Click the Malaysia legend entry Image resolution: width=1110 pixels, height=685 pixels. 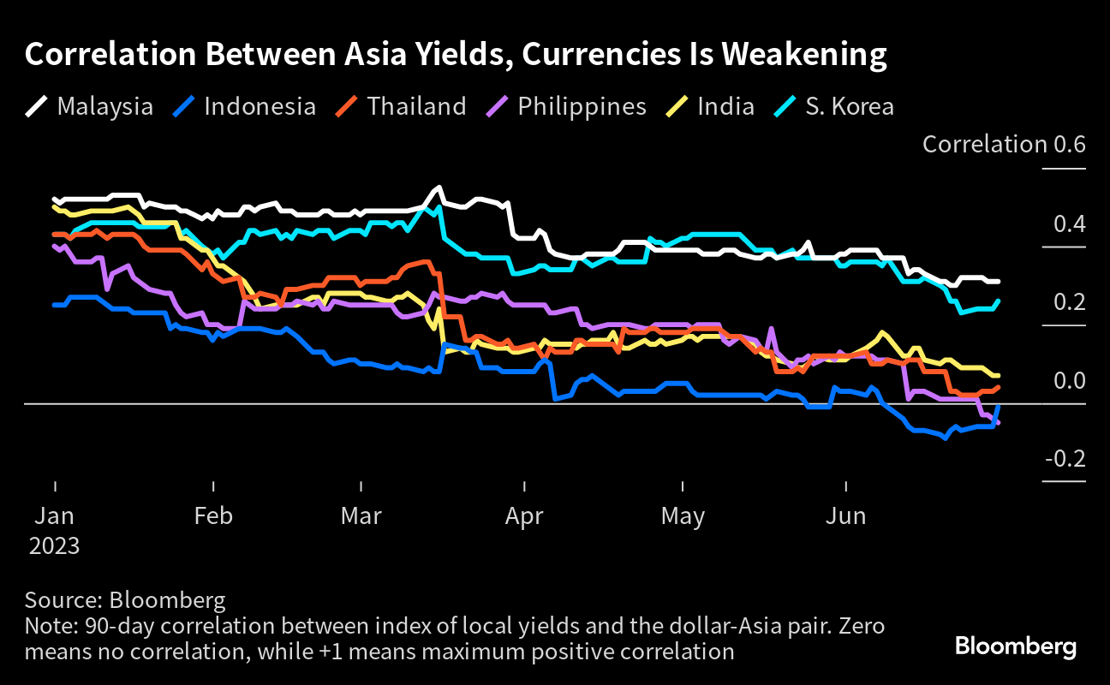click(89, 106)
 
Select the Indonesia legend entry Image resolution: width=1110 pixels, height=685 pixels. click(244, 106)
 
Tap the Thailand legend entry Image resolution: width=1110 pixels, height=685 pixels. click(401, 106)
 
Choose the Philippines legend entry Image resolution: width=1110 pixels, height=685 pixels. click(566, 106)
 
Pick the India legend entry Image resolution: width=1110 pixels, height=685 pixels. click(710, 106)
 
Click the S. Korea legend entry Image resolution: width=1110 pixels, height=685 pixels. click(834, 106)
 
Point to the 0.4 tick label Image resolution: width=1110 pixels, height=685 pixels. click(1070, 223)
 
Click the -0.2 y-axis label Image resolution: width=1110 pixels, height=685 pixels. click(1065, 459)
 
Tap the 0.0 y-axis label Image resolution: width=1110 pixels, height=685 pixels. click(1070, 380)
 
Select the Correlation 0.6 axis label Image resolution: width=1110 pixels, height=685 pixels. click(1004, 144)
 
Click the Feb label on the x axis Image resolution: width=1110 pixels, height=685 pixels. click(213, 515)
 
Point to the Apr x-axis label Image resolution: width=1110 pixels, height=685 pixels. click(524, 516)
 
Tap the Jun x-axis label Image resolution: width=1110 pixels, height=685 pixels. click(845, 515)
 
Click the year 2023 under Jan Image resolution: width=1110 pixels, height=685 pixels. click(54, 545)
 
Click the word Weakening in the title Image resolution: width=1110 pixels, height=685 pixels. click(803, 54)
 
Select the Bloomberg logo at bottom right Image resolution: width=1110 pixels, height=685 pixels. click(1016, 646)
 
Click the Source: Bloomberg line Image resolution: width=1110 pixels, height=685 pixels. click(125, 600)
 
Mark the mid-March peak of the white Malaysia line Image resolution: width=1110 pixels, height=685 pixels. click(438, 188)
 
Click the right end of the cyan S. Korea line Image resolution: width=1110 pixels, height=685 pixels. click(998, 301)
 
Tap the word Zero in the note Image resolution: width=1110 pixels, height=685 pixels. click(862, 626)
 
